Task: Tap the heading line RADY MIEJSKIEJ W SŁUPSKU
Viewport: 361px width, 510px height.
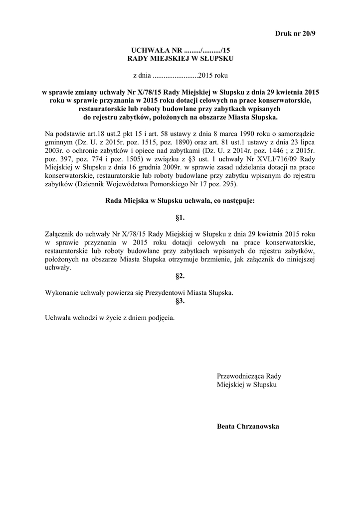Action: tap(180, 59)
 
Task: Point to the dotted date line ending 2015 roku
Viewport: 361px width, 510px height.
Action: tap(180, 76)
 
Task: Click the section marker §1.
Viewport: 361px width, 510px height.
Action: tap(180, 218)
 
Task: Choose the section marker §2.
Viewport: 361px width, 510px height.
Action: tap(180, 275)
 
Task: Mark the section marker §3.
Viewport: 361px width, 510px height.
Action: tap(180, 301)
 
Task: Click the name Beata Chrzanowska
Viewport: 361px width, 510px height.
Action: tap(248, 426)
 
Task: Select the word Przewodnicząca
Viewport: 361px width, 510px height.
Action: tap(239, 376)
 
